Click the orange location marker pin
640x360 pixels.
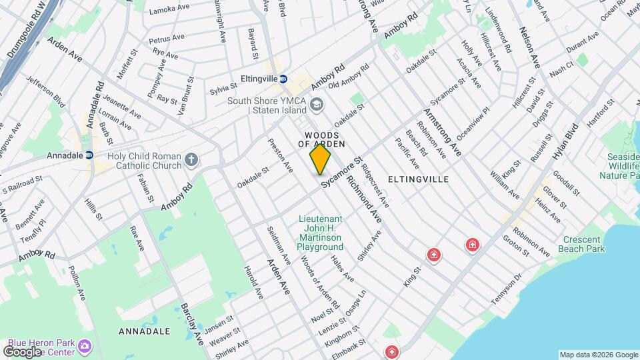coord(320,159)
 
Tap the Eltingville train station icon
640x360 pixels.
coord(283,79)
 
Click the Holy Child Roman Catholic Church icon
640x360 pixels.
coord(191,159)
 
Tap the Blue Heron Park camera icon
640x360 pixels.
coord(84,346)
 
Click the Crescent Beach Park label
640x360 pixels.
coord(583,244)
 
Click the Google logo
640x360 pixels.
coord(23,351)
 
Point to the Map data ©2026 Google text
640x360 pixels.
coord(597,355)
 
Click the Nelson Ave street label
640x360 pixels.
coord(529,46)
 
